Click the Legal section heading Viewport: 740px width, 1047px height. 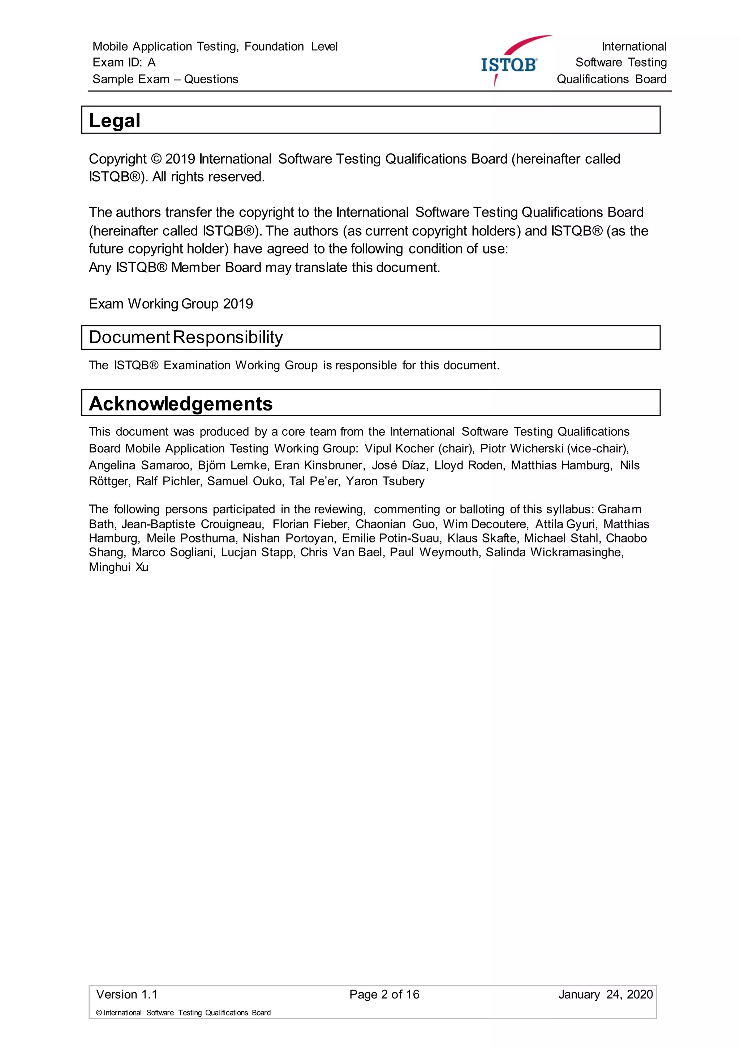point(115,120)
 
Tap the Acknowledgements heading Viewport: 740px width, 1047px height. point(180,404)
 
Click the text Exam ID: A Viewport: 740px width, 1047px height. point(124,63)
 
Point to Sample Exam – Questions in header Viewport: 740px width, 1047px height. point(165,79)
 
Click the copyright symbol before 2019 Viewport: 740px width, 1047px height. point(156,159)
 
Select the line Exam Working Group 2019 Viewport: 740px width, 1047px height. point(171,304)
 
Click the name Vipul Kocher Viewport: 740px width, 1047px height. point(399,449)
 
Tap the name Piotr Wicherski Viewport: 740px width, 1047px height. point(522,449)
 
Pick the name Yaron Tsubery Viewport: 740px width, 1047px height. point(385,481)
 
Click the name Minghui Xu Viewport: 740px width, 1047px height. point(119,567)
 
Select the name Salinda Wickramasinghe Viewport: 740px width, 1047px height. point(554,552)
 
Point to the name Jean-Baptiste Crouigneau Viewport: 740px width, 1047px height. point(192,524)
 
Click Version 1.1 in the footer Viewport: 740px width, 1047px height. point(127,995)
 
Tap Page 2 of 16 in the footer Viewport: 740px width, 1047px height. point(384,995)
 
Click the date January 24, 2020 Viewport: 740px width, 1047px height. point(606,995)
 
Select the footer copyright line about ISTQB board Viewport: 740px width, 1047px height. point(183,1013)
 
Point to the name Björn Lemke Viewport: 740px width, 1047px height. point(232,465)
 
